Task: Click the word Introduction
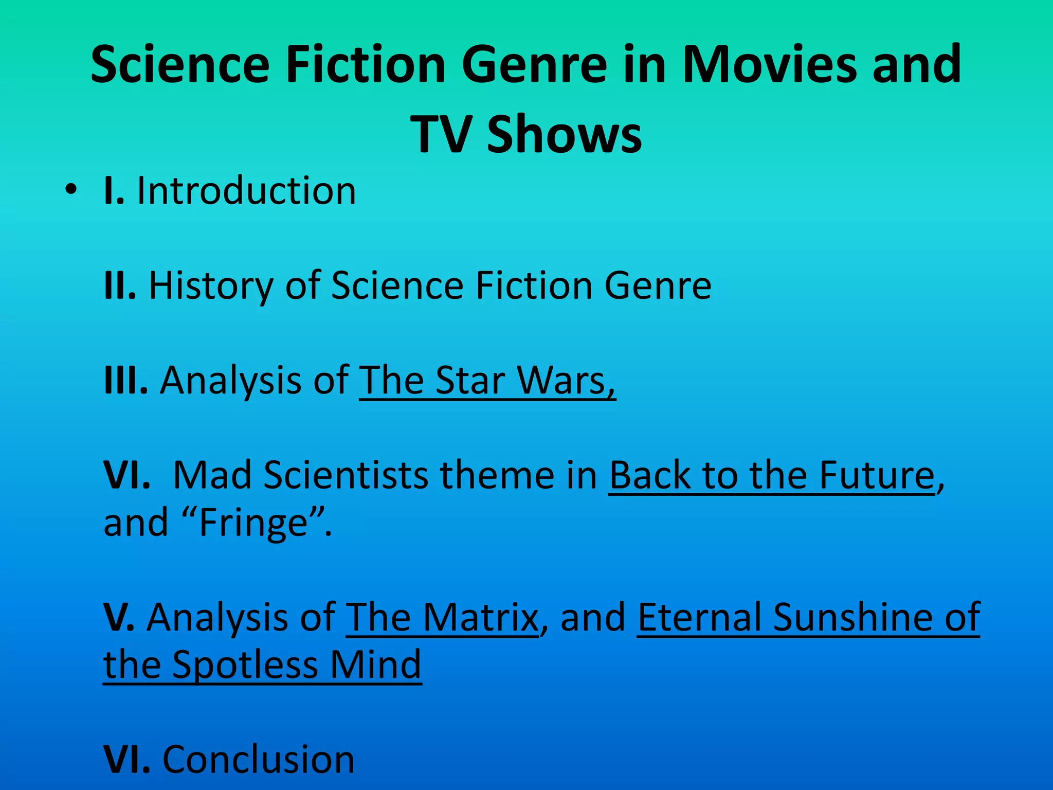pyautogui.click(x=246, y=191)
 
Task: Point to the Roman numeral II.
pyautogui.click(x=120, y=285)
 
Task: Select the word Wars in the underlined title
pyautogui.click(x=566, y=381)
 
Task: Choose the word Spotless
pyautogui.click(x=245, y=665)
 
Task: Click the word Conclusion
pyautogui.click(x=259, y=759)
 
